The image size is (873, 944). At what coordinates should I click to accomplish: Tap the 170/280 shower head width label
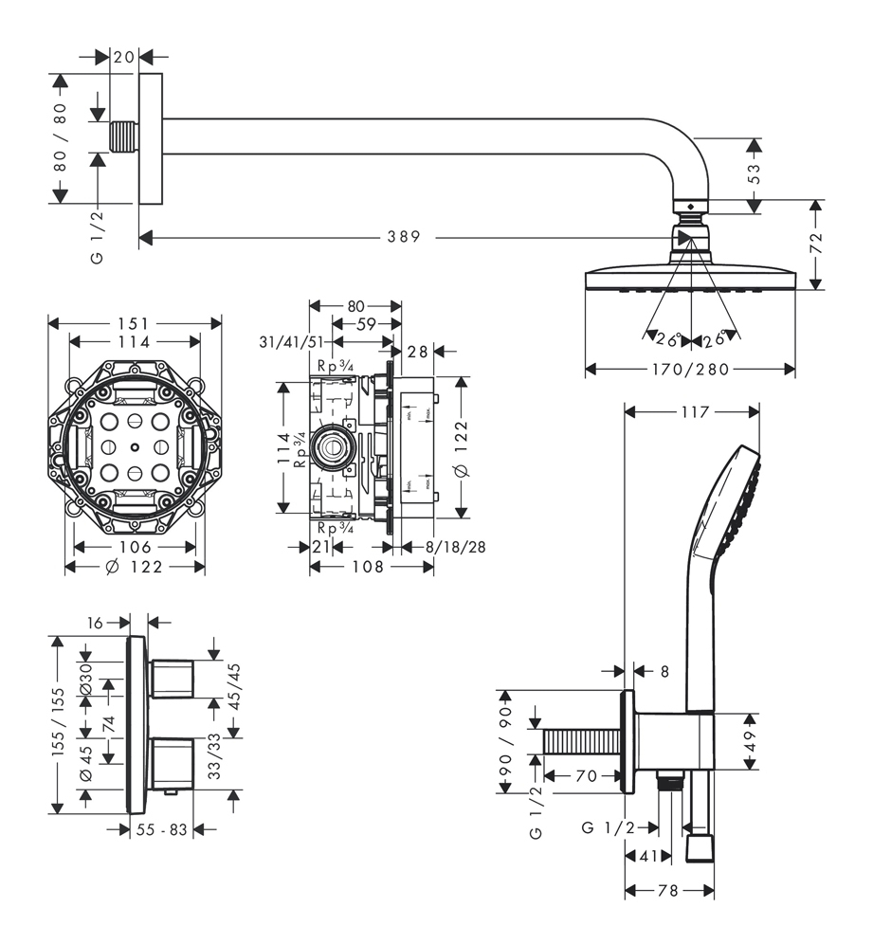pyautogui.click(x=690, y=370)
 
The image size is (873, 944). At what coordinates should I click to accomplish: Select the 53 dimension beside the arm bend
pyautogui.click(x=754, y=172)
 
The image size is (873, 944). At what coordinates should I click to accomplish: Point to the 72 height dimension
pyautogui.click(x=816, y=243)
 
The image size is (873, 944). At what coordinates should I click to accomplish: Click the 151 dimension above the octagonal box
pyautogui.click(x=136, y=324)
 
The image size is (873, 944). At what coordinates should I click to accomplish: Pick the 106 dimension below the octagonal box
pyautogui.click(x=136, y=548)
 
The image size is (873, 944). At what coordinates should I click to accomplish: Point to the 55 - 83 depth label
pyautogui.click(x=161, y=829)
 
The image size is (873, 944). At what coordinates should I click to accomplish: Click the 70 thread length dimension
pyautogui.click(x=585, y=776)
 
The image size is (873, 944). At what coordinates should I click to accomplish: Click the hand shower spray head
pyautogui.click(x=731, y=502)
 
